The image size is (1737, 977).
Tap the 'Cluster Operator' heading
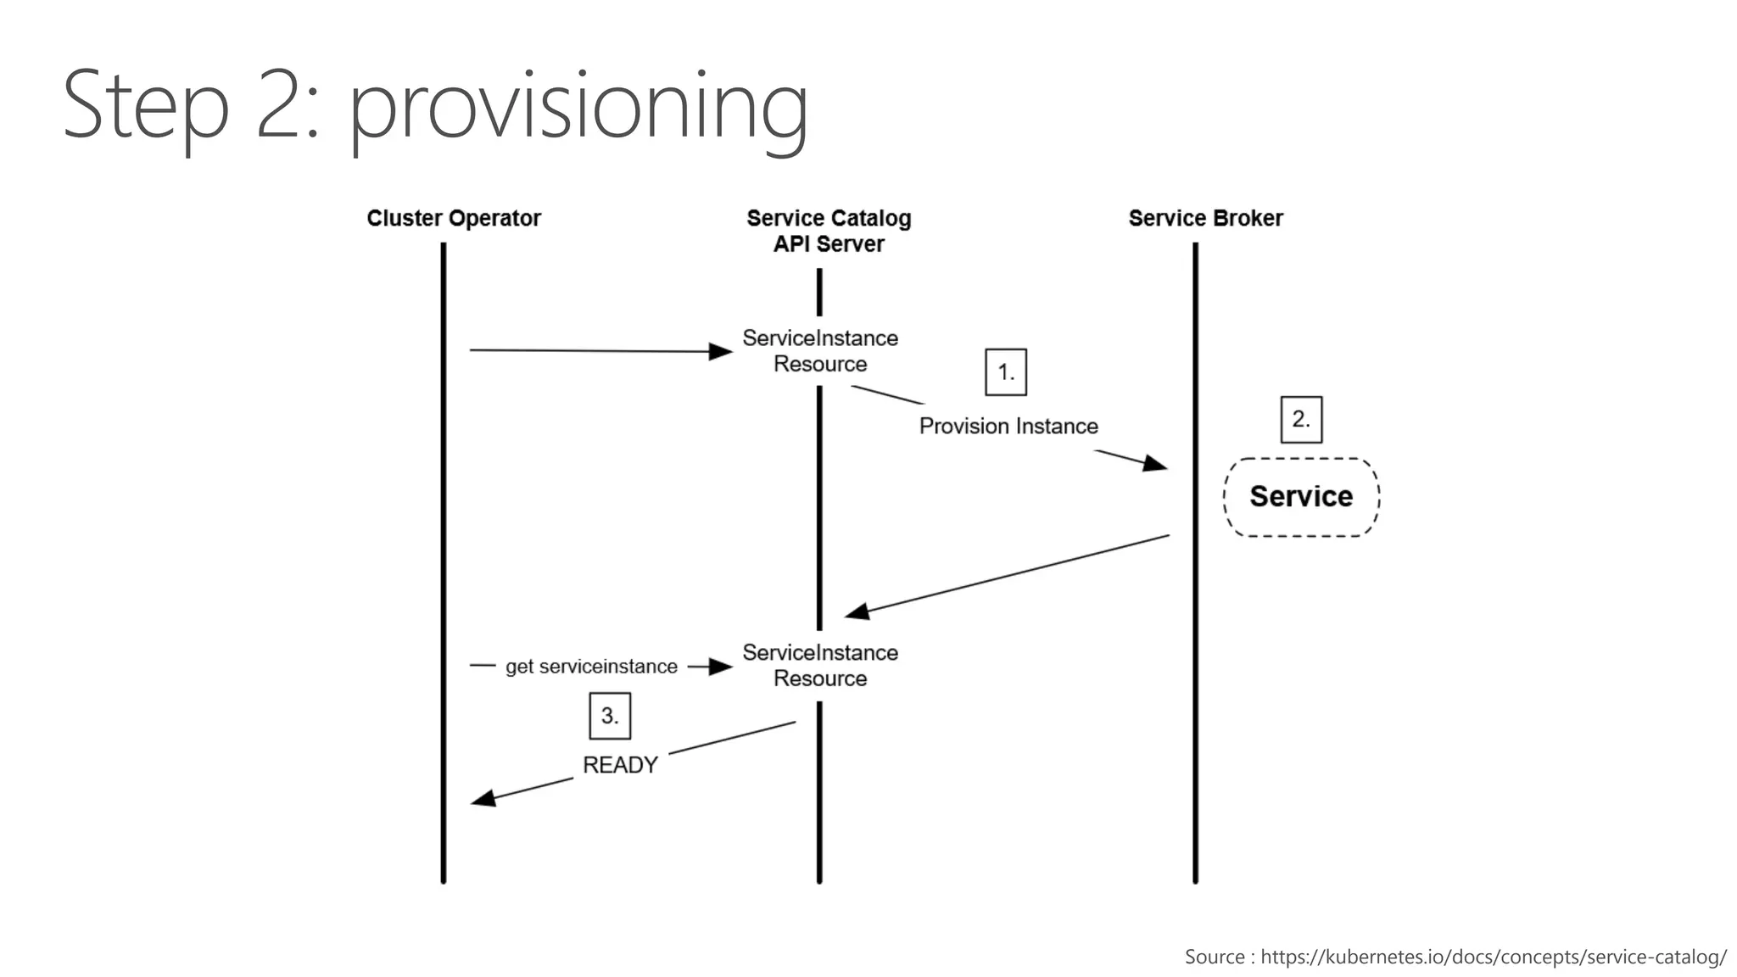pos(454,218)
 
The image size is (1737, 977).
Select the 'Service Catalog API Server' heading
pos(829,231)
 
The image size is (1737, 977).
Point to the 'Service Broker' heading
pos(1205,218)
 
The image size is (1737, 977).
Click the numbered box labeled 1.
pos(1006,371)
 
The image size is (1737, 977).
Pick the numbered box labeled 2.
pos(1301,419)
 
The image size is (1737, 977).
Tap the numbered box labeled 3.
pos(610,716)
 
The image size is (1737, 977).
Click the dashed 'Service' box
pos(1301,497)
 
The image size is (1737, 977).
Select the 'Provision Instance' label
pos(1008,426)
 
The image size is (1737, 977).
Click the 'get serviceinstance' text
pos(591,667)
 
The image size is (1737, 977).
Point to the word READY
pos(620,765)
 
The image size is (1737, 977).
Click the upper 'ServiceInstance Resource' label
pos(820,351)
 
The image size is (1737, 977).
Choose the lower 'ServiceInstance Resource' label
pos(820,666)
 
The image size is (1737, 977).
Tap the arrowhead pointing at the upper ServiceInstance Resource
pos(722,351)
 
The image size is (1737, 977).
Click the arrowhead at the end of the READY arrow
pos(483,798)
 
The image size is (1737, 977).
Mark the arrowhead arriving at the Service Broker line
pos(1155,463)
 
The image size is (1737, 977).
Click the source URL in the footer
pos(1493,957)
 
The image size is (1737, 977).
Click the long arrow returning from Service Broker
pos(1009,575)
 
